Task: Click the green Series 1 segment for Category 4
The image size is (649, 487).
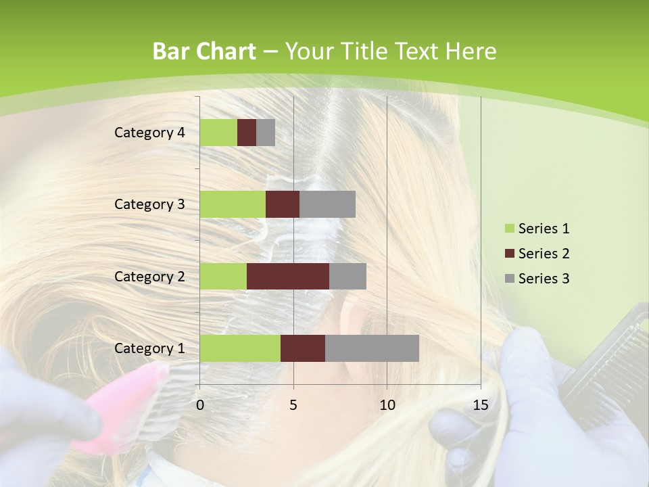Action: pos(218,133)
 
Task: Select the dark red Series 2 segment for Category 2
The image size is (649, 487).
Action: pos(288,276)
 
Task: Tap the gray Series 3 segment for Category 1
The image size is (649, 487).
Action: pos(372,348)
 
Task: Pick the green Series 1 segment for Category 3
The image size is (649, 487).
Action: pos(233,204)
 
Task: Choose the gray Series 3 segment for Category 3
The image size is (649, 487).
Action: pos(327,204)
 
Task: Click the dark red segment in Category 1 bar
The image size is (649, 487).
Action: pos(303,348)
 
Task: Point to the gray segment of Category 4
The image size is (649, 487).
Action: pos(266,133)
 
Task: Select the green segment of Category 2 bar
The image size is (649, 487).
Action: pos(223,276)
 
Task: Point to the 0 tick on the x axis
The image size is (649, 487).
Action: pos(199,405)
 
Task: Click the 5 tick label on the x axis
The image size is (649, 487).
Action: pos(293,405)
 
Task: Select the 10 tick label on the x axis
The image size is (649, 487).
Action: pos(387,405)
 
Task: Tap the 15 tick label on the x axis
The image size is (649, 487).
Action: pos(480,405)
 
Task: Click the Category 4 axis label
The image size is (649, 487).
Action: pos(149,133)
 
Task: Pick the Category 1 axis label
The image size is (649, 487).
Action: pos(149,348)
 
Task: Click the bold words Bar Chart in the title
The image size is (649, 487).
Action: pos(203,51)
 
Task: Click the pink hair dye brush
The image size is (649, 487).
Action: pos(122,406)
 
